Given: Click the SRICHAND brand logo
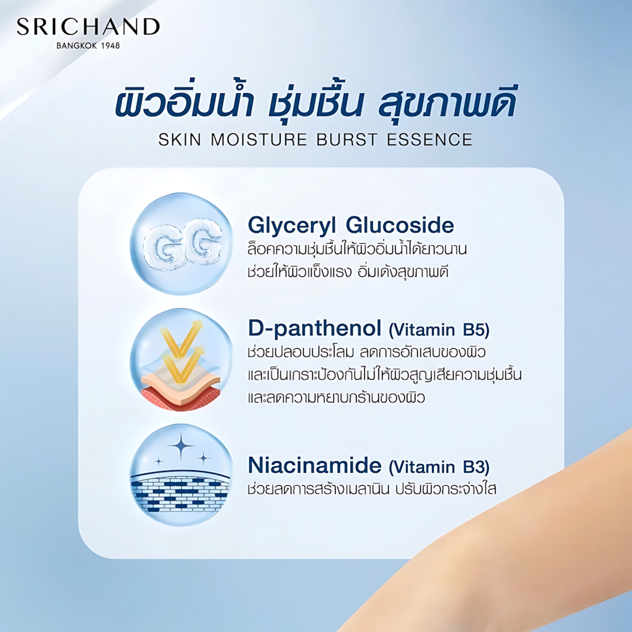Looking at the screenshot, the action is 88,27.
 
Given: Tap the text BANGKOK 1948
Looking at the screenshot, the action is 88,46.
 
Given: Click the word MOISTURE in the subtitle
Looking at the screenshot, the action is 259,140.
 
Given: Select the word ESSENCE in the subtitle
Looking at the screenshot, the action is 430,140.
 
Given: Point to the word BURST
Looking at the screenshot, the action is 347,140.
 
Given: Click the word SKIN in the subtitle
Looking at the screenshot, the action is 180,140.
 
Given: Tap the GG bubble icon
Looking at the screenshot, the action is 181,243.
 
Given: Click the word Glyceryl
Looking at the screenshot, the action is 292,226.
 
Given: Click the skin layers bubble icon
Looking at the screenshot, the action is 181,359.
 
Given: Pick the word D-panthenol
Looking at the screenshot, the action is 314,329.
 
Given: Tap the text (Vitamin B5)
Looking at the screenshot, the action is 439,330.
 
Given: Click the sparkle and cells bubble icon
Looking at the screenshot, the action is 181,475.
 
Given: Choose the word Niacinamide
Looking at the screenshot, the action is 314,465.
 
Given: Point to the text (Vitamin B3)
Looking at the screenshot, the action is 439,467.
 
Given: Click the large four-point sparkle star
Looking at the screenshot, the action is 181,446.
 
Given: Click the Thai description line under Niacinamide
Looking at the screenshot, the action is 372,489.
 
